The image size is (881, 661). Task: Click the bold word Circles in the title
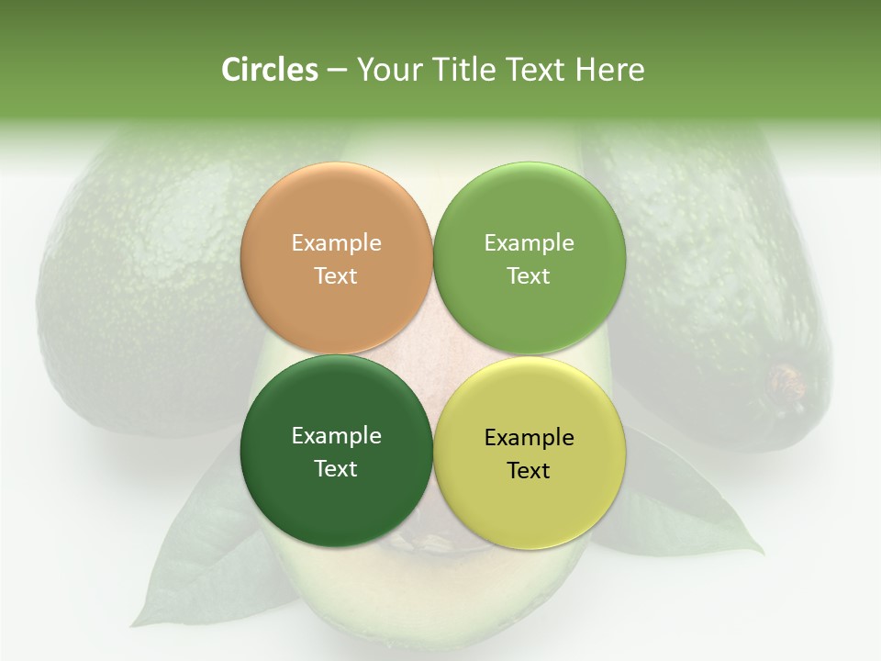[x=269, y=70]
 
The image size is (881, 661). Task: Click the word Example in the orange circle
[x=336, y=243]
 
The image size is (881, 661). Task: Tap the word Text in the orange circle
[x=336, y=276]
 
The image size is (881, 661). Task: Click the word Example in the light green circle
[x=529, y=243]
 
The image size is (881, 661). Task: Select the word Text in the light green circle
[x=529, y=276]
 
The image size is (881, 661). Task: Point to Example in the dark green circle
[x=336, y=436]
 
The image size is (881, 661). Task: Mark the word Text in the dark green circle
[x=336, y=469]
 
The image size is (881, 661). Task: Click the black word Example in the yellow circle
[x=529, y=438]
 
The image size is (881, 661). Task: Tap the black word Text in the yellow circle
[x=529, y=471]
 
